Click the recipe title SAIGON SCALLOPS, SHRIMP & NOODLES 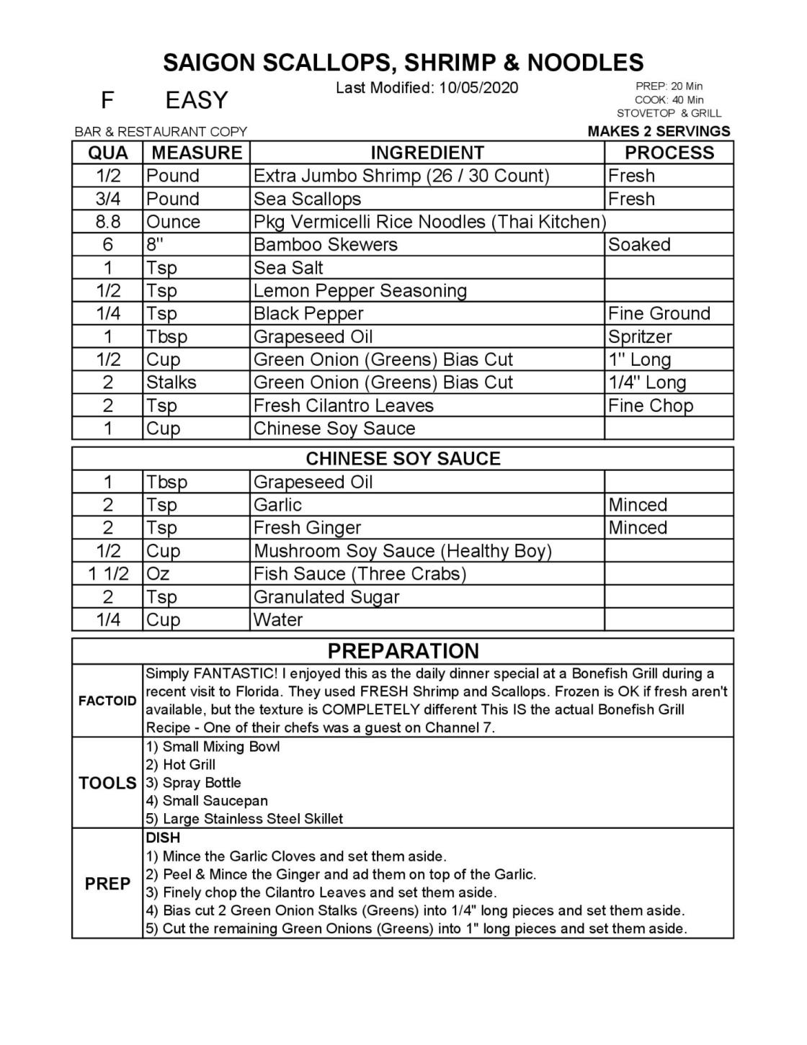(x=403, y=63)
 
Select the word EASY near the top (x=196, y=100)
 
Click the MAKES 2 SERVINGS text (x=659, y=131)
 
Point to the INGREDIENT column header (x=427, y=153)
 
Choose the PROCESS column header (x=669, y=153)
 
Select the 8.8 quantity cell (x=107, y=222)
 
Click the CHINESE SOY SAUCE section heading (x=403, y=459)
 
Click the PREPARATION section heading (x=403, y=651)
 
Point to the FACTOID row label (x=107, y=701)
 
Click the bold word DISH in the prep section (x=163, y=838)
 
